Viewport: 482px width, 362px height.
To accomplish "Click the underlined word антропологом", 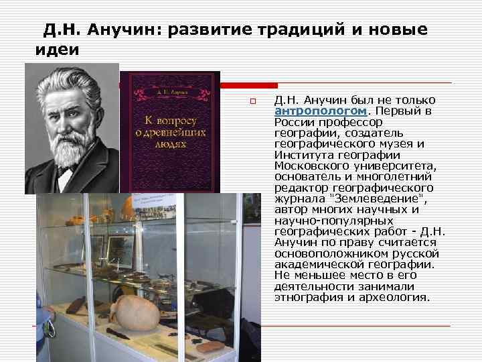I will tap(320, 111).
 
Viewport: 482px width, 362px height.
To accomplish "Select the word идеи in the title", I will tap(56, 50).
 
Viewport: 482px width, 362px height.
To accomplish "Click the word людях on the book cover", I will tap(171, 143).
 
